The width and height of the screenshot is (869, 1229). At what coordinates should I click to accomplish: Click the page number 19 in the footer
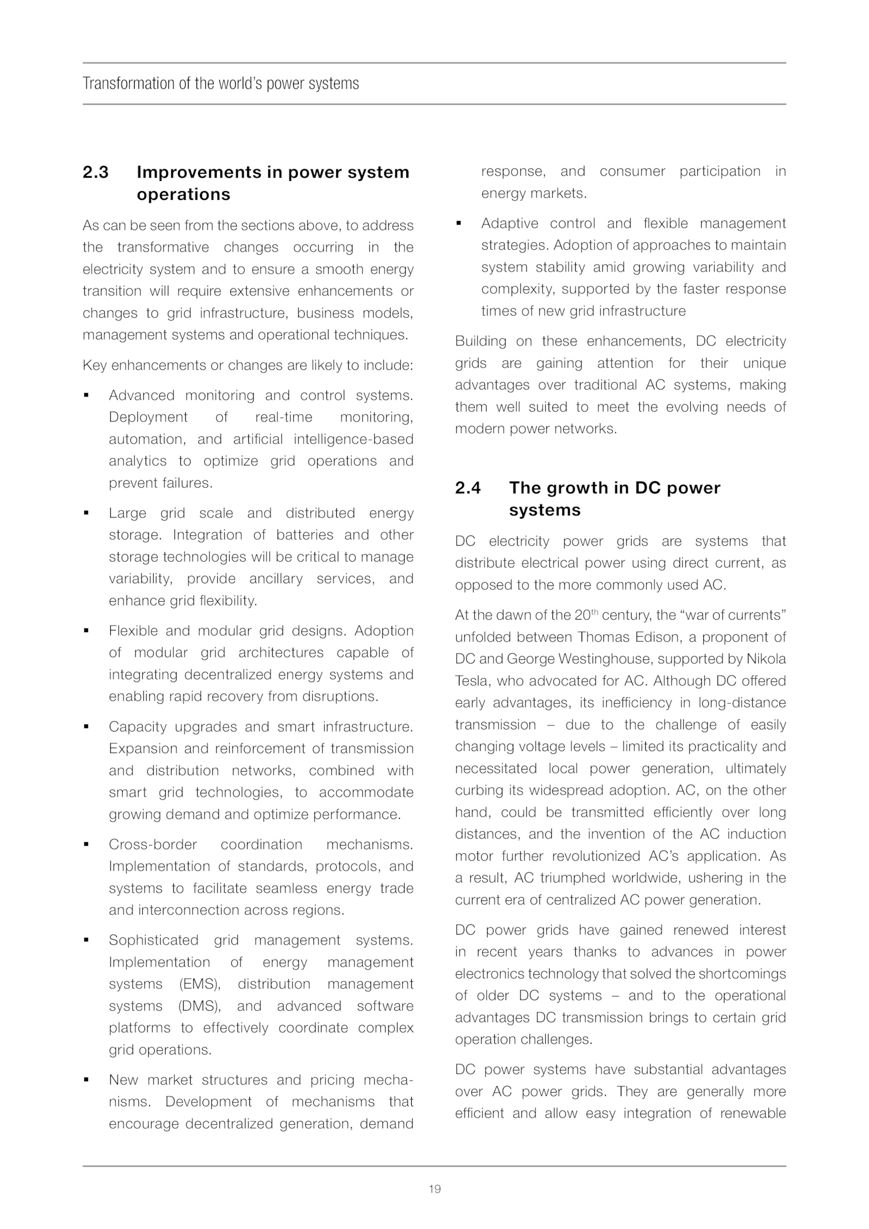434,1189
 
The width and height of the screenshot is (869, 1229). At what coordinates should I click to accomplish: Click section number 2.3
96,172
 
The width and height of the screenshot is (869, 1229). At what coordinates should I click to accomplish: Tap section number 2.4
468,488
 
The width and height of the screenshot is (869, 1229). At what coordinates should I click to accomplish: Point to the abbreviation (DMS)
200,1006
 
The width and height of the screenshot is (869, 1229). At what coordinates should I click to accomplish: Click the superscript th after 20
594,612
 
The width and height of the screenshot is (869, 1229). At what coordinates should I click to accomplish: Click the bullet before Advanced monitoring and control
86,396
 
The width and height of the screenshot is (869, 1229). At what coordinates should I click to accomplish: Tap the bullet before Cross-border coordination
86,845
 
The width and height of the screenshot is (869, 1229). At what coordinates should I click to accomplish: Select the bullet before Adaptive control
458,224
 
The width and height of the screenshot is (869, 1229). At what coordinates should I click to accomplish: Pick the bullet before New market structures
86,1080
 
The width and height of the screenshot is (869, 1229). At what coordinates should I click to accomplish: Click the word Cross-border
153,844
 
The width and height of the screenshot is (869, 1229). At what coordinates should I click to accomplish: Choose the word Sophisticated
153,940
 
